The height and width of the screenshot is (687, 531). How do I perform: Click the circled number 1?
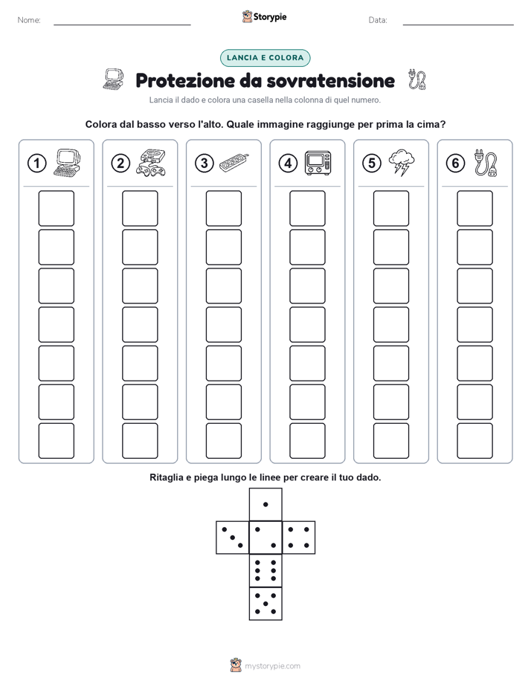36,164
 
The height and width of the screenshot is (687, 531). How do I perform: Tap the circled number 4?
288,164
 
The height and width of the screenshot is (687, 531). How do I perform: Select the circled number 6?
455,164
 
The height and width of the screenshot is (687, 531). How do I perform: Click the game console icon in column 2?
150,163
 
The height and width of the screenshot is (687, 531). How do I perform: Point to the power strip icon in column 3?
234,163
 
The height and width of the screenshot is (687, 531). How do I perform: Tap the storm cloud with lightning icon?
402,163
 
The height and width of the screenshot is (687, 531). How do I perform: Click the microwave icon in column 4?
318,163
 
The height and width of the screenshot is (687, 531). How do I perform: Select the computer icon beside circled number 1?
67,163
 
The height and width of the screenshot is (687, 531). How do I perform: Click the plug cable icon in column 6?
486,163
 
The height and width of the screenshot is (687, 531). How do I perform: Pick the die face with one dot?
265,504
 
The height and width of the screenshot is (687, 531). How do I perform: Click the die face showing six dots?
265,570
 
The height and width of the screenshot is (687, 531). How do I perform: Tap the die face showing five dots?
265,603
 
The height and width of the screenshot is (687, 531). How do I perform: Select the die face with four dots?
299,538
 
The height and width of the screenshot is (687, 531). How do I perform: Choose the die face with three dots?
233,538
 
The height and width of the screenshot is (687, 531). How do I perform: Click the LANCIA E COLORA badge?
265,58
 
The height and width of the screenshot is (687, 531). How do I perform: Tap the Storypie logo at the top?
264,17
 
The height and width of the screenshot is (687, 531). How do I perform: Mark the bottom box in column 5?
391,441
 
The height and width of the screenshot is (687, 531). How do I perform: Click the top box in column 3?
224,208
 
